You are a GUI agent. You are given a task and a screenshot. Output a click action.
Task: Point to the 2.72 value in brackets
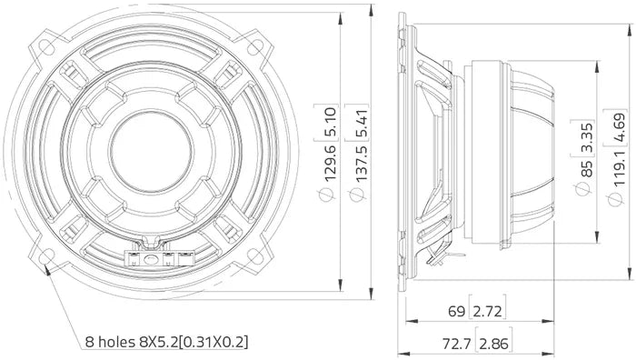pos(488,312)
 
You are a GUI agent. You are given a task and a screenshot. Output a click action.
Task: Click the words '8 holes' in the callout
pos(108,343)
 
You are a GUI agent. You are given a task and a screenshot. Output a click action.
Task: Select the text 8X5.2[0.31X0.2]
pos(193,343)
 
